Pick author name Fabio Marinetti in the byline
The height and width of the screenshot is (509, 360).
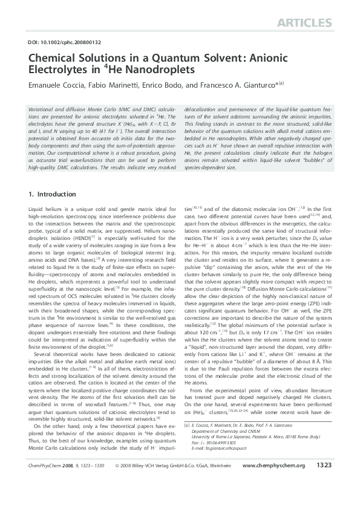coord(113,85)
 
